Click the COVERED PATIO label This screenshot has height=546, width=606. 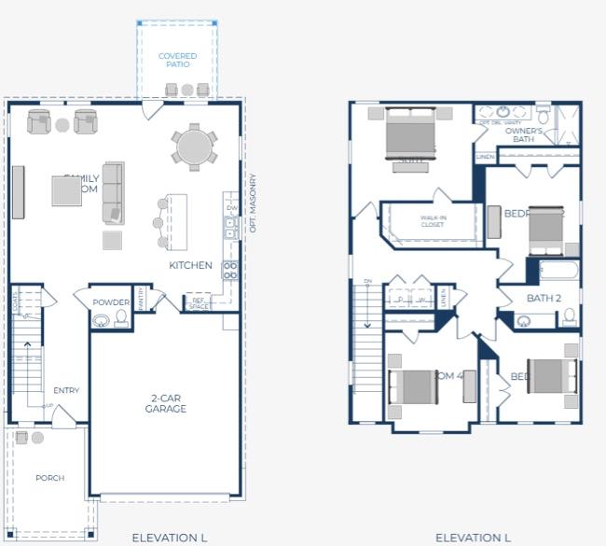tap(177, 60)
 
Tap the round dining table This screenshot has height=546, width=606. tap(194, 147)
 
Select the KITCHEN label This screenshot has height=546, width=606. tap(190, 265)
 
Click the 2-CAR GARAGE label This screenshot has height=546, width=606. tap(166, 403)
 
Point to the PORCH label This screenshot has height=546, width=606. tap(50, 478)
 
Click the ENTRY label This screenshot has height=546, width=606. tap(66, 390)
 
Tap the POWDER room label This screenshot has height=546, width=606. tap(112, 302)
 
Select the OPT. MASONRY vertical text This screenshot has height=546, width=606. tap(253, 203)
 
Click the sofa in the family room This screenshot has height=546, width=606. tap(113, 192)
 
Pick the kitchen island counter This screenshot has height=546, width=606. tap(176, 221)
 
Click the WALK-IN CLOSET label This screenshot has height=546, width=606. tap(432, 220)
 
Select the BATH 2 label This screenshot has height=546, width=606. tap(544, 299)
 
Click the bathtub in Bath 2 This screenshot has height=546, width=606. tap(559, 272)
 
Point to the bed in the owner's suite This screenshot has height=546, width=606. tap(410, 136)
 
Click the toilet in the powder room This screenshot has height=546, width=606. tap(120, 319)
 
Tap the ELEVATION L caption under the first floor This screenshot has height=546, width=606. tap(169, 538)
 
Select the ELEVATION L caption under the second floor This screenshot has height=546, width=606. tap(473, 538)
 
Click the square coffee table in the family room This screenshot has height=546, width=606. tap(67, 191)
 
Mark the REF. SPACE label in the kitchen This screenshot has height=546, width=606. tap(200, 303)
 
